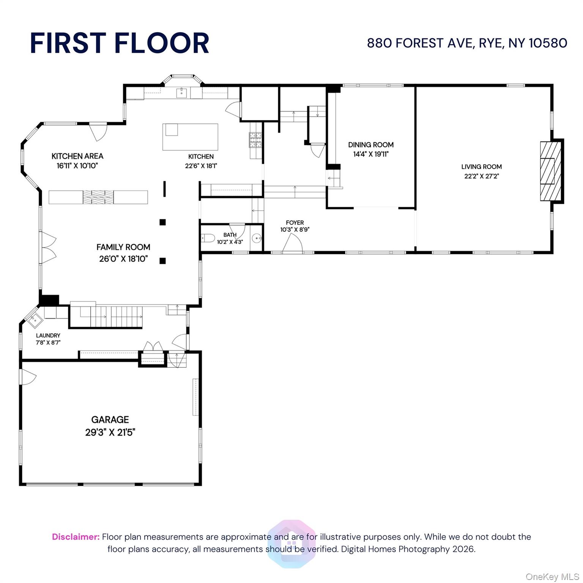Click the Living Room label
pyautogui.click(x=481, y=167)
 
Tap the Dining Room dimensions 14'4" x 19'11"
pyautogui.click(x=370, y=154)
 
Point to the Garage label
pyautogui.click(x=110, y=419)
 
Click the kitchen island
pyautogui.click(x=191, y=137)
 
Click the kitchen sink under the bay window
pyautogui.click(x=181, y=92)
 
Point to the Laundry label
pyautogui.click(x=48, y=336)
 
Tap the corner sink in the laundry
pyautogui.click(x=35, y=320)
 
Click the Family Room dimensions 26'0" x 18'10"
pyautogui.click(x=123, y=259)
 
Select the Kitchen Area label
pyautogui.click(x=77, y=156)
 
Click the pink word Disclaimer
pyautogui.click(x=76, y=537)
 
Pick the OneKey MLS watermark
pyautogui.click(x=552, y=577)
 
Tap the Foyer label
pyautogui.click(x=295, y=223)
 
